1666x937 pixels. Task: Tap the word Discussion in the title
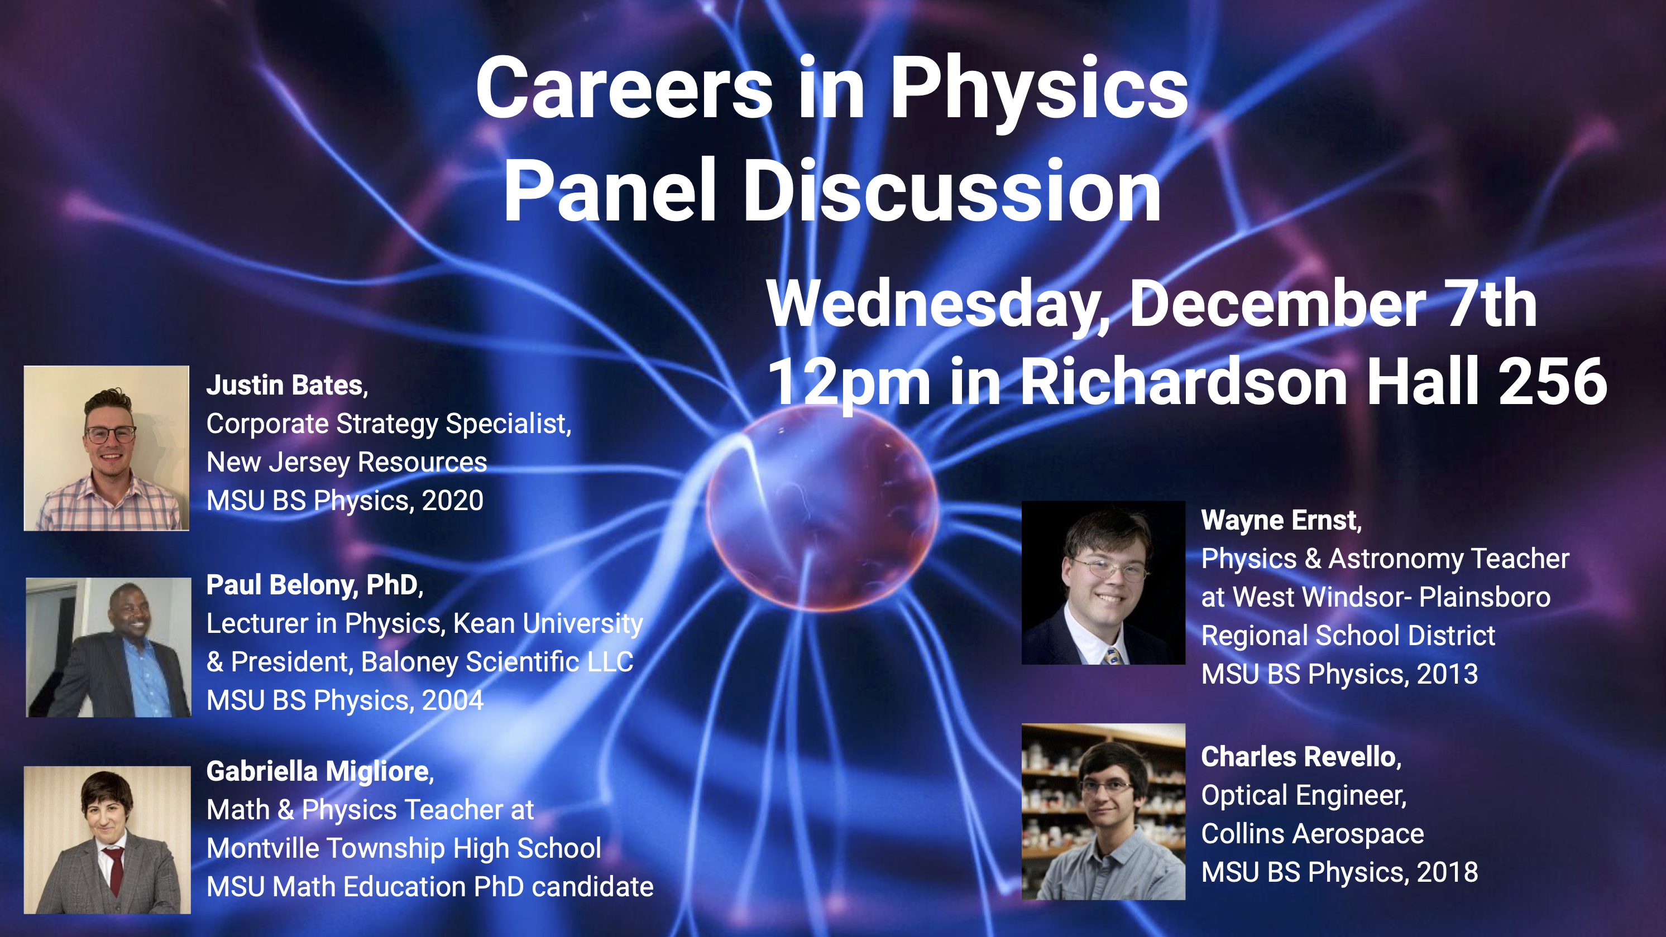pos(952,191)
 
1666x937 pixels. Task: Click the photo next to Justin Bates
pos(107,448)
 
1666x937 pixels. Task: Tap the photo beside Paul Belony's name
pos(109,647)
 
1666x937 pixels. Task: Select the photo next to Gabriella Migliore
pos(107,840)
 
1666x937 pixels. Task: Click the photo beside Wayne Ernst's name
pos(1103,583)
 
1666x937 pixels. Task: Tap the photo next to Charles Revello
pos(1103,811)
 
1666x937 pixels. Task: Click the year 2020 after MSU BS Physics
pos(453,501)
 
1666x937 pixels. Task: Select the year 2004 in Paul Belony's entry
pos(453,700)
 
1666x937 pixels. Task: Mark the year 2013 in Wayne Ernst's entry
pos(1447,674)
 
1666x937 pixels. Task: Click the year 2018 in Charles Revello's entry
pos(1447,872)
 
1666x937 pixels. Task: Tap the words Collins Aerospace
pos(1312,834)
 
